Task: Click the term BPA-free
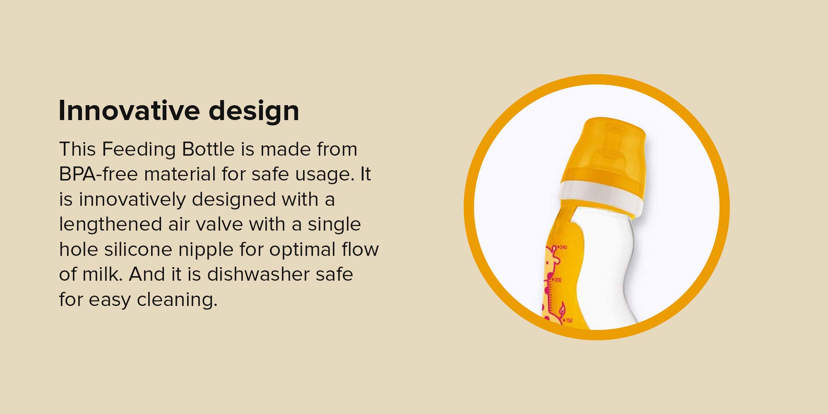tap(98, 174)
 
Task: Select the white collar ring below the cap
tap(601, 198)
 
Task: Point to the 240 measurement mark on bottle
tap(562, 247)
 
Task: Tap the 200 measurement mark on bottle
tap(557, 280)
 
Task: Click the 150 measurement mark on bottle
tap(568, 320)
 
